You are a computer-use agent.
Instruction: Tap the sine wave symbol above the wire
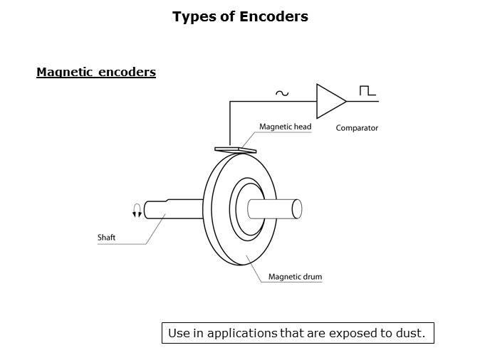tap(281, 92)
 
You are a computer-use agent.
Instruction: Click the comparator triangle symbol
tap(328, 102)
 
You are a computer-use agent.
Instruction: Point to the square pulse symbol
tap(367, 91)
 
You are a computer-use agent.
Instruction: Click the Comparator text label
tap(357, 128)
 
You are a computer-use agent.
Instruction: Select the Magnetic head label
tap(285, 127)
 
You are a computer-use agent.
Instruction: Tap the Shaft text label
tap(106, 238)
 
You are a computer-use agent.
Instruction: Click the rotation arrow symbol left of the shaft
tap(137, 210)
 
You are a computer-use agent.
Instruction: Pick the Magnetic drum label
tap(295, 277)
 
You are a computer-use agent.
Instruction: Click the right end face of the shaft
tap(297, 208)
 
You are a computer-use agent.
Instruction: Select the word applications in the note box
tap(242, 333)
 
